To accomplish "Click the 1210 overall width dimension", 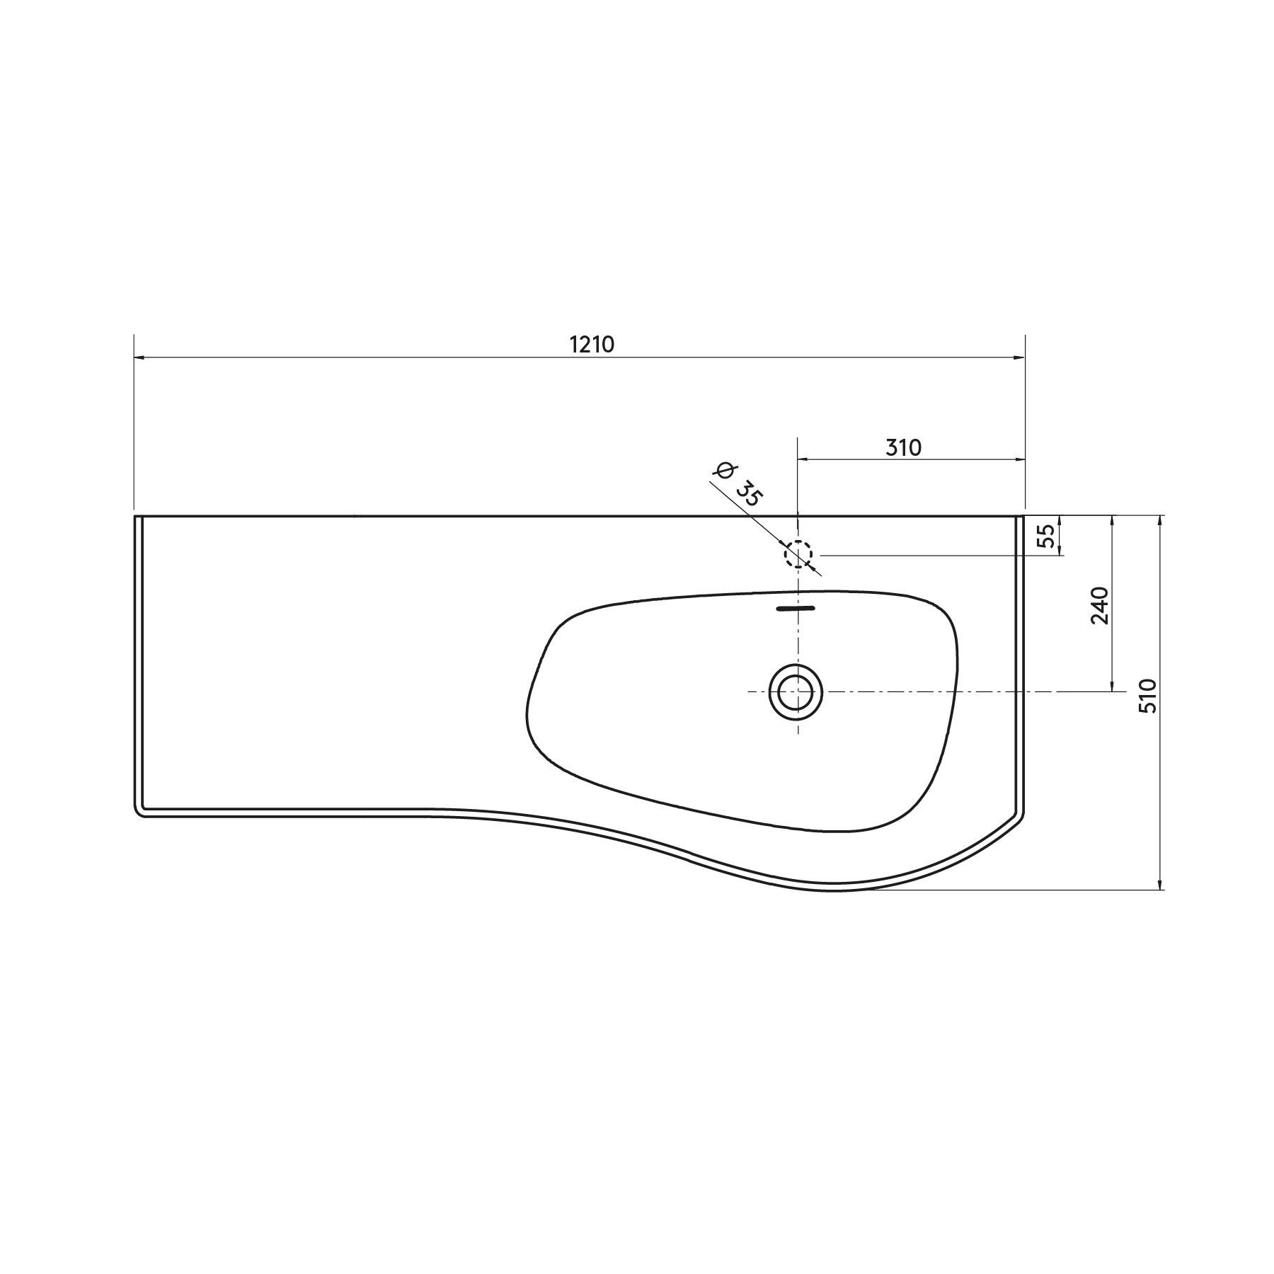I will coord(592,345).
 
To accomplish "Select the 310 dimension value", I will coord(903,447).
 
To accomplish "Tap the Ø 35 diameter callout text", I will coord(738,485).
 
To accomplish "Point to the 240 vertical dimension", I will coord(1100,605).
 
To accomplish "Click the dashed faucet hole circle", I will coord(798,554).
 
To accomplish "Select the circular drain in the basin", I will coord(796,691).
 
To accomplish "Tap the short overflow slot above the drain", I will coord(796,608).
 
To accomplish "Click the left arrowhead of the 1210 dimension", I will coord(139,358).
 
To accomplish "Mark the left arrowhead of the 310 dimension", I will coord(803,460).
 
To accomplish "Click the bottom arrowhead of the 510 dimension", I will coord(1159,885).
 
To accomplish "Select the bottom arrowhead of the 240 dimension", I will coord(1113,686).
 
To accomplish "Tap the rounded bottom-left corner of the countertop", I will coord(139,813).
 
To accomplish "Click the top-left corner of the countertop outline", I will coord(135,517).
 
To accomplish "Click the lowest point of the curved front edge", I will coord(835,890).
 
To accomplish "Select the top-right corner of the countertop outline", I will coord(1024,517).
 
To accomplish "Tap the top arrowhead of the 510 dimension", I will coord(1159,521).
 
